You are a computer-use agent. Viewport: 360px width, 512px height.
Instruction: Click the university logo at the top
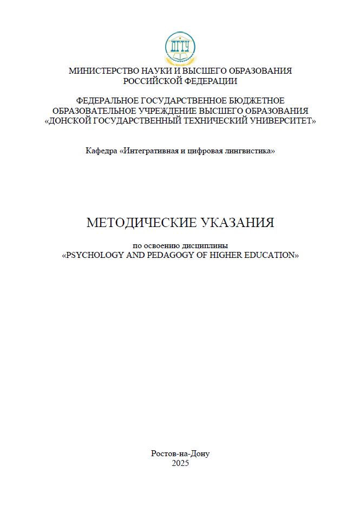click(x=180, y=47)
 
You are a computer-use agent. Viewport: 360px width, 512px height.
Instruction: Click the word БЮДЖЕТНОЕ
click(x=258, y=101)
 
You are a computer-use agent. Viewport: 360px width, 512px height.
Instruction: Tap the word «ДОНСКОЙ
click(x=67, y=121)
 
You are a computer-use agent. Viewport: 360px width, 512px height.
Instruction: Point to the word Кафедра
click(x=101, y=151)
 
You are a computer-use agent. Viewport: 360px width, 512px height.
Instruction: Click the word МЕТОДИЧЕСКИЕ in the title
click(x=142, y=223)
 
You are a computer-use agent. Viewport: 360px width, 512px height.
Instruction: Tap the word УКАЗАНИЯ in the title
click(x=238, y=223)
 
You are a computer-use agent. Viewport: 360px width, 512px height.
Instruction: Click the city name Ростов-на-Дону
click(x=180, y=453)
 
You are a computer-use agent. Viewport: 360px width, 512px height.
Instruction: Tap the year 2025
click(x=180, y=463)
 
